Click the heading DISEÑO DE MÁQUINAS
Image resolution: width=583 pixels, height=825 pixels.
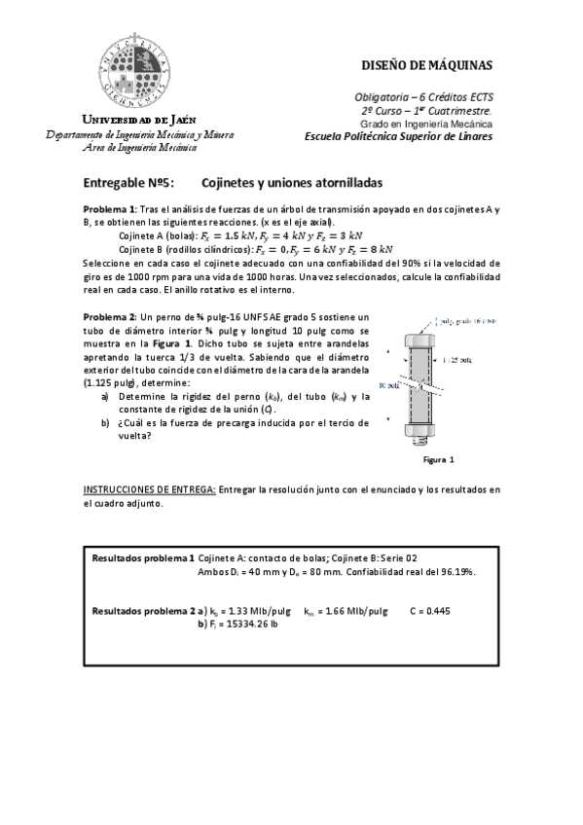[426, 65]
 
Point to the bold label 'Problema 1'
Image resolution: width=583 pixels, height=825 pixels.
[109, 210]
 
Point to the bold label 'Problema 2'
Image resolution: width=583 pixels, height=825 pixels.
[109, 318]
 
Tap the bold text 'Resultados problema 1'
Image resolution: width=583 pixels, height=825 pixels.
[142, 558]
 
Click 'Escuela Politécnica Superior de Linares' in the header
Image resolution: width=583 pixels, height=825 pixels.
[398, 136]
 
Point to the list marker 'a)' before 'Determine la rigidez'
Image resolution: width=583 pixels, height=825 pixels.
[104, 397]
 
